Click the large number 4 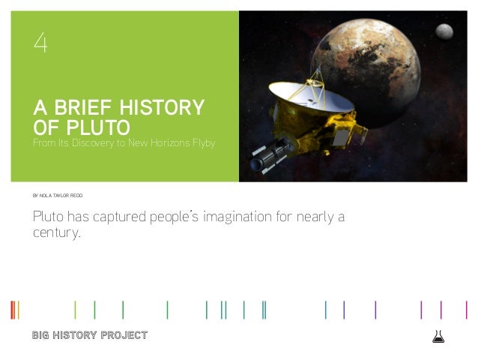click(x=40, y=44)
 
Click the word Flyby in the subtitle click(x=203, y=143)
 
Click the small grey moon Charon click(x=444, y=30)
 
